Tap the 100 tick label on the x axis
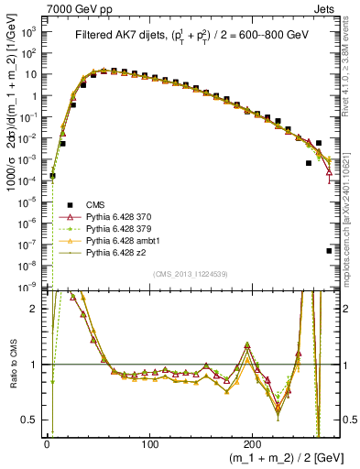pyautogui.click(x=151, y=444)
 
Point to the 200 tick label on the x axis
pyautogui.click(x=255, y=444)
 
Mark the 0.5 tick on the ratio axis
pyautogui.click(x=34, y=421)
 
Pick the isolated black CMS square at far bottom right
pyautogui.click(x=329, y=250)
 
